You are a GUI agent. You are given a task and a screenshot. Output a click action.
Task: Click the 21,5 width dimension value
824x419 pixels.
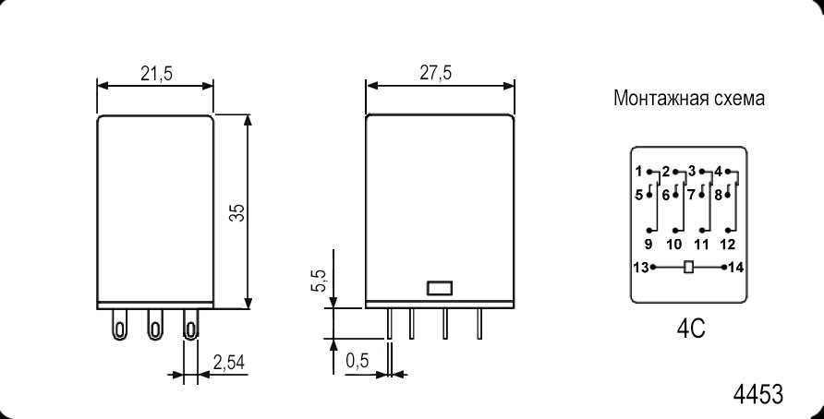[x=156, y=74]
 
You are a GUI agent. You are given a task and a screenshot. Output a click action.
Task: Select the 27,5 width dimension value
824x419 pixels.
[x=435, y=73]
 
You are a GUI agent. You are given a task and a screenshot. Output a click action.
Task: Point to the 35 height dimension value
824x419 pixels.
[x=237, y=212]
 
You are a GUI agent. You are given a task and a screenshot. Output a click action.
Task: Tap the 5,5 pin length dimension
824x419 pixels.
[x=321, y=281]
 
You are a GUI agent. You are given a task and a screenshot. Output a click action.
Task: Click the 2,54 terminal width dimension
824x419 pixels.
[x=229, y=363]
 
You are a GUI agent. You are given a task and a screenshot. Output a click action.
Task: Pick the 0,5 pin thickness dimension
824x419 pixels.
[x=357, y=361]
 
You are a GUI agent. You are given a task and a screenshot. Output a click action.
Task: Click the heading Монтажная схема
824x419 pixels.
[x=689, y=98]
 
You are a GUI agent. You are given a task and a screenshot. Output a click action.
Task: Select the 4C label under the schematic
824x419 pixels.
[x=691, y=329]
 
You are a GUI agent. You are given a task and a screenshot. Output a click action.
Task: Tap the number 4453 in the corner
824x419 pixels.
[x=757, y=394]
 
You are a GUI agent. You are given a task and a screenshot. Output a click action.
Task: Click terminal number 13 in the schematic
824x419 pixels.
[x=641, y=268]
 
